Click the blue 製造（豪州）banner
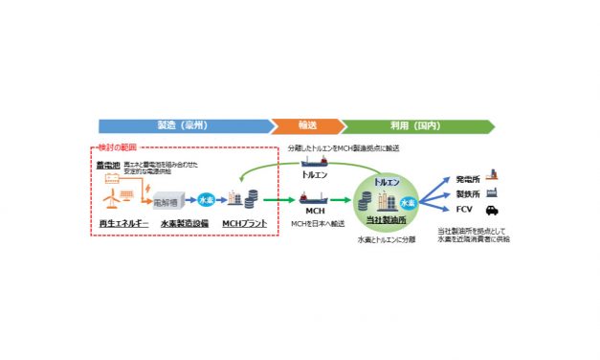pos(182,125)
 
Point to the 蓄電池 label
pos(106,165)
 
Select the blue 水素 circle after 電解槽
pos(205,200)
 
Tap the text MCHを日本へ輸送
pos(316,224)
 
